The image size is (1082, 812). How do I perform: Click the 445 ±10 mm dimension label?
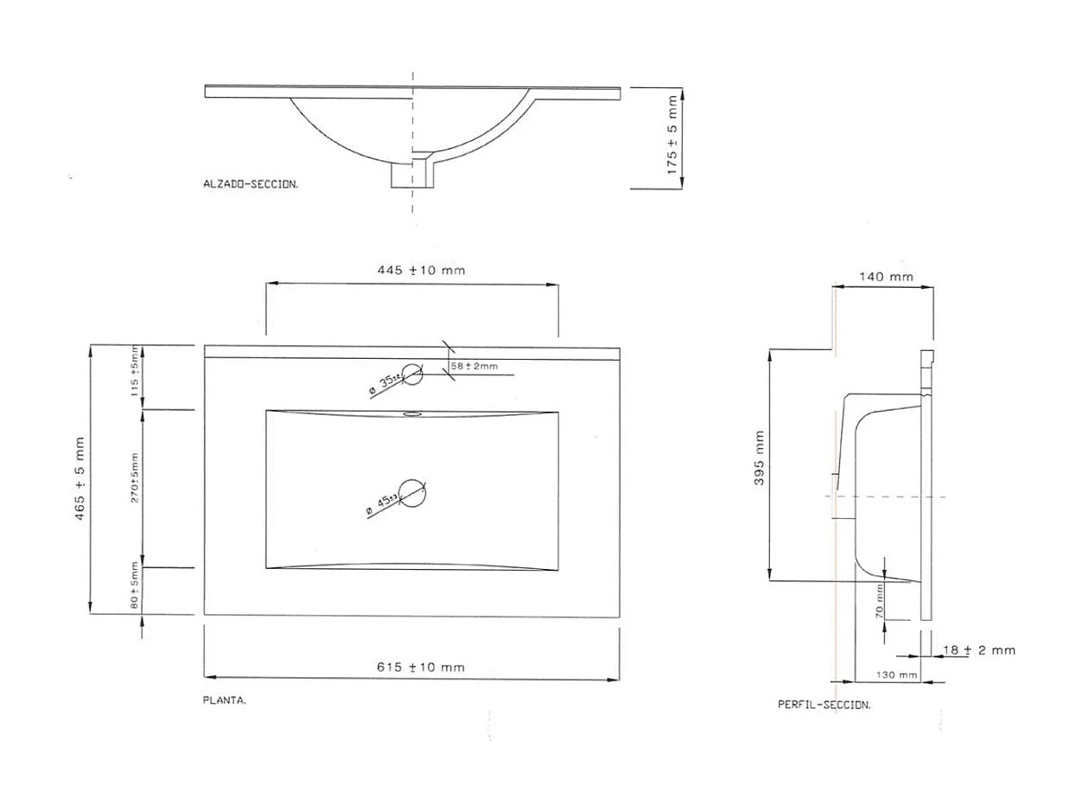click(421, 270)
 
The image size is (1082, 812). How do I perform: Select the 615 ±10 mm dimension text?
click(421, 667)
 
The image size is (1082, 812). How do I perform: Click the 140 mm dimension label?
click(886, 278)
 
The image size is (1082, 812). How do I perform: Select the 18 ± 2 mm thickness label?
click(978, 649)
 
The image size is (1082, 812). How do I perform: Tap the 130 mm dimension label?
click(896, 675)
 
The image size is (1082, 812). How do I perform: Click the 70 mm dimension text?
click(879, 600)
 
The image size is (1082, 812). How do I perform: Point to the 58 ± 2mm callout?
click(474, 367)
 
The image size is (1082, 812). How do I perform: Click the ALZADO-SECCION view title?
click(251, 183)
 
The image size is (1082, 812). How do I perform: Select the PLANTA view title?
click(225, 700)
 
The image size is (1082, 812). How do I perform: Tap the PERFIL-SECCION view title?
click(824, 705)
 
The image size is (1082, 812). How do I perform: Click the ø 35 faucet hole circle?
click(412, 374)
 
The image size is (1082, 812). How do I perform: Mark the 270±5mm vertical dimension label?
click(135, 478)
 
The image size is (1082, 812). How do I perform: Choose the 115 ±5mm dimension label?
click(135, 372)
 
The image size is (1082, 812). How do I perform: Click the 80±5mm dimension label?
click(135, 589)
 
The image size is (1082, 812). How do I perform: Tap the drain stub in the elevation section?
click(413, 174)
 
